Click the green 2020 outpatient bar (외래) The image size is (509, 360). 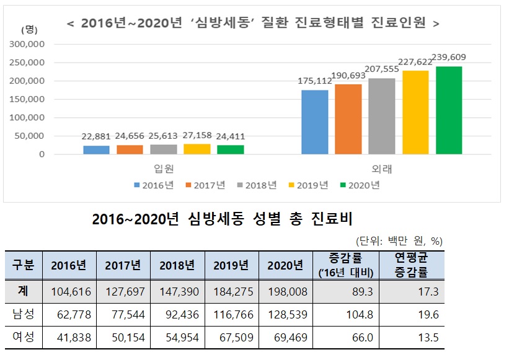point(449,110)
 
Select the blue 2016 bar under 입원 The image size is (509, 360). point(96,150)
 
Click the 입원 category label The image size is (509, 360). point(164,168)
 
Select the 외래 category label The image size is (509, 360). point(382,168)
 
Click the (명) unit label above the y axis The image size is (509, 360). point(28,29)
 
